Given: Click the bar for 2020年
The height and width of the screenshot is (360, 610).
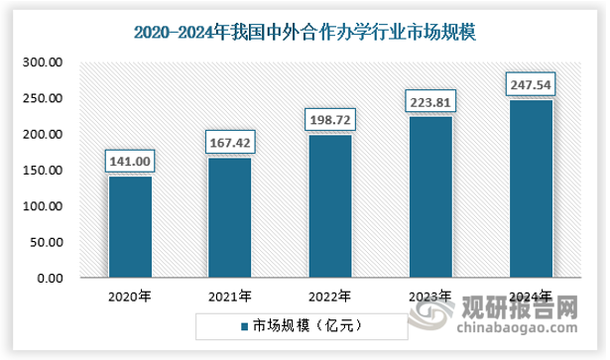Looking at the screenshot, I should click(x=129, y=226).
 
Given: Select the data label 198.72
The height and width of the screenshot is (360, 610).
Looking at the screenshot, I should click(x=329, y=119).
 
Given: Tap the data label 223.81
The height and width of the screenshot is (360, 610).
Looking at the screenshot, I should click(x=429, y=100).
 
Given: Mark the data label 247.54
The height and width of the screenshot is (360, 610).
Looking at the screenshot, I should click(x=530, y=83).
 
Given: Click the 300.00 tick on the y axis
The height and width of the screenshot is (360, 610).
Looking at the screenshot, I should click(x=44, y=61).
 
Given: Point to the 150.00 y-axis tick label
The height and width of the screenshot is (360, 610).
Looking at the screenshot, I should click(x=44, y=170).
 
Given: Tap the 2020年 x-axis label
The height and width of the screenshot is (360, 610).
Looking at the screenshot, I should click(x=129, y=296).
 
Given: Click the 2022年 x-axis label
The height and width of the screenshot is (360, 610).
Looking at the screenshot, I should click(x=329, y=296).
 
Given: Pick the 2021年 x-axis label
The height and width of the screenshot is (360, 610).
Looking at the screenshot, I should click(x=229, y=296).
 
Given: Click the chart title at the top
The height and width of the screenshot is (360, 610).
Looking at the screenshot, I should click(x=305, y=34).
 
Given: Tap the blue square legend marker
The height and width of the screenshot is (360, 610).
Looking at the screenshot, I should click(x=242, y=324).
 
